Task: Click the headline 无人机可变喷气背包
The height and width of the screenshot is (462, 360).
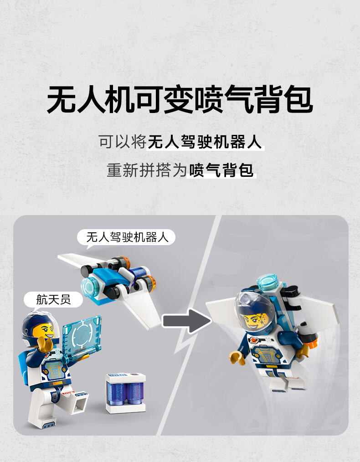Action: pyautogui.click(x=180, y=99)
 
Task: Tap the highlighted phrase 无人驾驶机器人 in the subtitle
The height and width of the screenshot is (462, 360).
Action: pyautogui.click(x=205, y=142)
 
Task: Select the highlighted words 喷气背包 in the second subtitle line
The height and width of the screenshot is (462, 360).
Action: pyautogui.click(x=221, y=170)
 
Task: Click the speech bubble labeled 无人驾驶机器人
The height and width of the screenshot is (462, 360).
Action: pyautogui.click(x=126, y=237)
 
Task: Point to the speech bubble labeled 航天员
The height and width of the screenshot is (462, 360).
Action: pyautogui.click(x=53, y=299)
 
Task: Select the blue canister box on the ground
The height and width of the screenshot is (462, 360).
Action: pyautogui.click(x=126, y=393)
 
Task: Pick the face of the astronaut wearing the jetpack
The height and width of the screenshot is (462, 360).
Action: pyautogui.click(x=256, y=319)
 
